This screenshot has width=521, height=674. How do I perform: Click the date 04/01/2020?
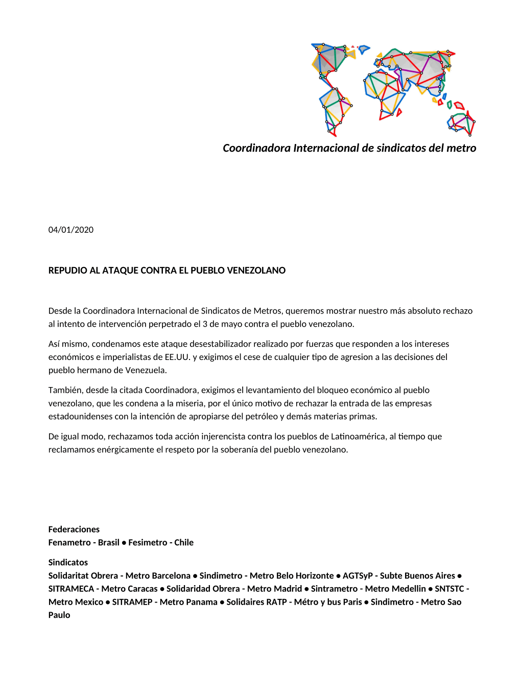pos(71,230)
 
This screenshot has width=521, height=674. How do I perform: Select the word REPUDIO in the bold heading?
pos(68,271)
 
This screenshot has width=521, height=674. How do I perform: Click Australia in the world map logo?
pos(461,123)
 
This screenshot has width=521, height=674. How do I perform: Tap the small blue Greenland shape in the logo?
pos(363,49)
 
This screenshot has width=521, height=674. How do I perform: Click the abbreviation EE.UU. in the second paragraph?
pos(177,357)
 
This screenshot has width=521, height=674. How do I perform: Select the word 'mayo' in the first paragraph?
pos(231,324)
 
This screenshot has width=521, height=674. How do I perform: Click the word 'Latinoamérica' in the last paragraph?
pos(358,436)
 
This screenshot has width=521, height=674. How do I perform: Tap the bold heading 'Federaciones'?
pos(74,529)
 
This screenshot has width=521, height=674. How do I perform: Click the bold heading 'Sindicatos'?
pos(68,562)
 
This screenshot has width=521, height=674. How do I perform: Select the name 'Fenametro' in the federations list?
pos(69,542)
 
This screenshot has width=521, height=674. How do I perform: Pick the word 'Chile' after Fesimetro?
pos(184,542)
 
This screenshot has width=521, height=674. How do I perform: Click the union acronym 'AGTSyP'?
pos(358,575)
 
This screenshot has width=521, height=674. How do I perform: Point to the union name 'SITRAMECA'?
pos(71,589)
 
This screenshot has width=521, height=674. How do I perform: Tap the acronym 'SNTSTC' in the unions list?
pos(449,589)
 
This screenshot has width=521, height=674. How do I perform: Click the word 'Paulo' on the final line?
pos(59,615)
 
